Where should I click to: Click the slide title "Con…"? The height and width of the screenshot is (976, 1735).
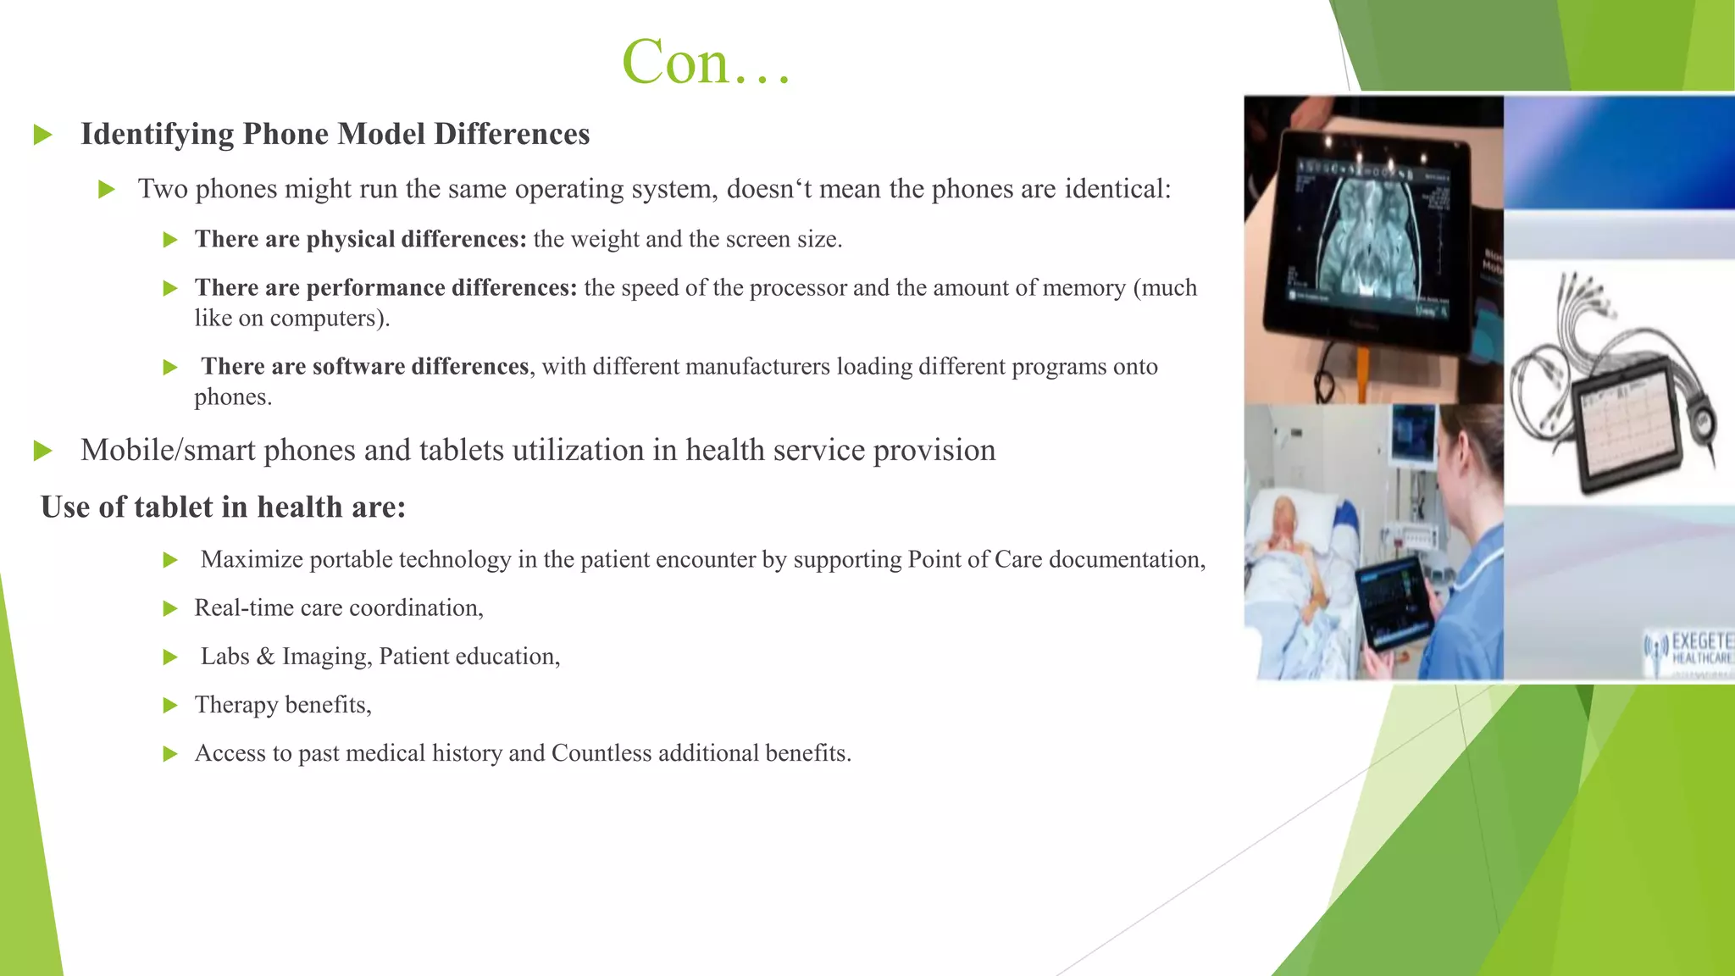707,63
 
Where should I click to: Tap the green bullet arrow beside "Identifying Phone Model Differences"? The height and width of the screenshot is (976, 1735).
43,135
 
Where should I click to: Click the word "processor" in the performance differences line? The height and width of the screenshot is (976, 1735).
798,288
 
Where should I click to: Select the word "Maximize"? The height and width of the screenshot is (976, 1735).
252,560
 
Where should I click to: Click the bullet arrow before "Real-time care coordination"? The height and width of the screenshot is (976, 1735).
170,608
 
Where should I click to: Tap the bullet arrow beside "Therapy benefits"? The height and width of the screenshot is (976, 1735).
170,705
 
